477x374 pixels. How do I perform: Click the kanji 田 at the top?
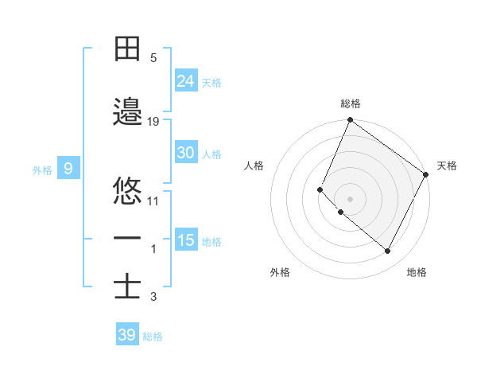coord(127,49)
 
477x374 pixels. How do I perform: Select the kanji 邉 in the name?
coord(127,112)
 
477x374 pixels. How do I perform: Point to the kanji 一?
coord(127,238)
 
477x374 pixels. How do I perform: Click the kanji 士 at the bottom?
coord(127,286)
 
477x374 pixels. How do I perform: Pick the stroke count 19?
coord(153,121)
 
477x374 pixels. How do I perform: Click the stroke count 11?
coord(153,201)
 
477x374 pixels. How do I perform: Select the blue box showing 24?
coord(186,80)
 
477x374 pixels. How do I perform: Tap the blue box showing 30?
coord(186,153)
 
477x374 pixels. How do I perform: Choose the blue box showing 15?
coord(186,240)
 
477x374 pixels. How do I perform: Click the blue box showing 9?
coord(68,168)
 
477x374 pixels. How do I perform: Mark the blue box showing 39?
coord(126,335)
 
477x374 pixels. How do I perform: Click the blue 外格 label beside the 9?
coord(41,169)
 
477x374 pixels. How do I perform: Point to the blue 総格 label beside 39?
coord(153,337)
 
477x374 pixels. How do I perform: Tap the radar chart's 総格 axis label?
coord(351,103)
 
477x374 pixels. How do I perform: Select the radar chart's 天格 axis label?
coord(447,166)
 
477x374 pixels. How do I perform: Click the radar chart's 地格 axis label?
coord(417,272)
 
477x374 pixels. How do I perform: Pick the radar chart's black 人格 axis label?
coord(254,166)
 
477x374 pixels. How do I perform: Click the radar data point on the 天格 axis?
coord(426,174)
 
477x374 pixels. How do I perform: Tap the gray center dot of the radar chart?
coord(350,199)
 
